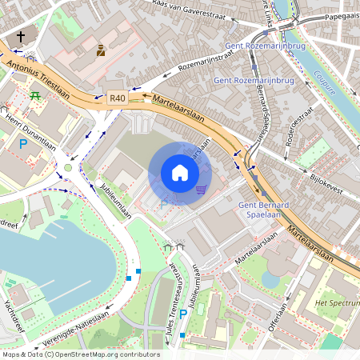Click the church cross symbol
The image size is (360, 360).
(x=21, y=37)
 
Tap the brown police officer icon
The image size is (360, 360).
(x=101, y=50)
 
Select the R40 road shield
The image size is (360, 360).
(x=118, y=97)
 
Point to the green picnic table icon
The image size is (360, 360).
(x=35, y=96)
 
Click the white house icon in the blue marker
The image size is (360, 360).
(x=179, y=173)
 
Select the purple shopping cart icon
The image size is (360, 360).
(x=201, y=190)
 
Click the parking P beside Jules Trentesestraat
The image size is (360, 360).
(x=183, y=314)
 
